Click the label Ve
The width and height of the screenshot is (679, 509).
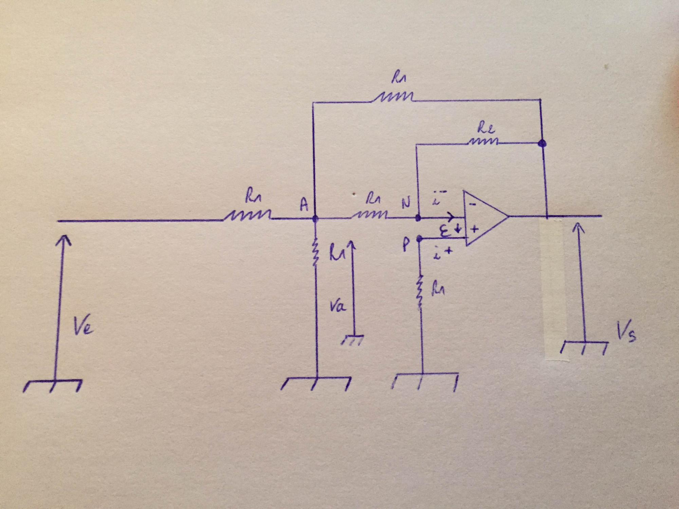pyautogui.click(x=83, y=328)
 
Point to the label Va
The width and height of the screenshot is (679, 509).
pyautogui.click(x=337, y=307)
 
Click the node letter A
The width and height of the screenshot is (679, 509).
pyautogui.click(x=304, y=205)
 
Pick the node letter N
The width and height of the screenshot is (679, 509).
pyautogui.click(x=405, y=203)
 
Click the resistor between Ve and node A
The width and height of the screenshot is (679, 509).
pyautogui.click(x=247, y=216)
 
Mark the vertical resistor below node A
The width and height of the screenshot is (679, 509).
pyautogui.click(x=316, y=253)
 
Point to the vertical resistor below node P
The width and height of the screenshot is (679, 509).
pyautogui.click(x=420, y=292)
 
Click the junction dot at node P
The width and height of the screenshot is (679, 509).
pyautogui.click(x=419, y=238)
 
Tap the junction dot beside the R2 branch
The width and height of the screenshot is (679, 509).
pyautogui.click(x=542, y=144)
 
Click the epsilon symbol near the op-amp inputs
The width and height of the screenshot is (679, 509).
pyautogui.click(x=448, y=231)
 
